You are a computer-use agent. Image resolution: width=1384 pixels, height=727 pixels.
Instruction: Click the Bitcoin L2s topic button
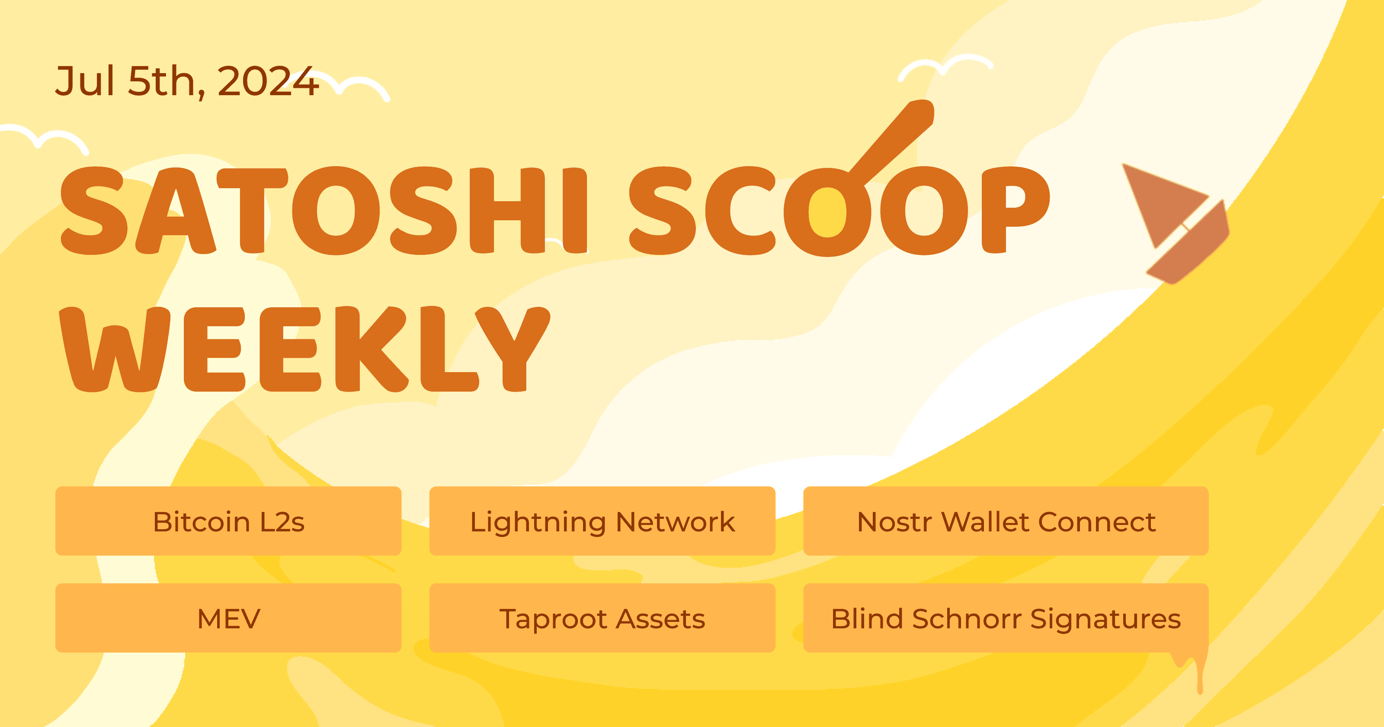(228, 521)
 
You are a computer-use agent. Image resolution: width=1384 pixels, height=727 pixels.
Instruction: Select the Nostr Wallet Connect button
(1005, 521)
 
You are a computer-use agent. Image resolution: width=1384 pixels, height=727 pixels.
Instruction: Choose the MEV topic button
(228, 618)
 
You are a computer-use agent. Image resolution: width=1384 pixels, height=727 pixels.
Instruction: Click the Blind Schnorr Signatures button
(1005, 618)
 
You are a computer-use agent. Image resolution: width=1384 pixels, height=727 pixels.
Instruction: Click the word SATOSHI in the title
(322, 211)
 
